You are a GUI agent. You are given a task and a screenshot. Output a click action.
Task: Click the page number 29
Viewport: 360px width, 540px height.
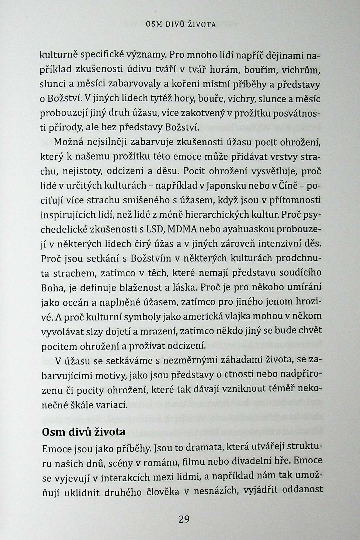pos(184,519)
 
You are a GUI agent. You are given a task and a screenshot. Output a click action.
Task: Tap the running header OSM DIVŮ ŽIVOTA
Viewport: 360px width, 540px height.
pos(180,25)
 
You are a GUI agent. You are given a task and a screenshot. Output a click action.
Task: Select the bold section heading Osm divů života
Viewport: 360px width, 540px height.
pos(84,432)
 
